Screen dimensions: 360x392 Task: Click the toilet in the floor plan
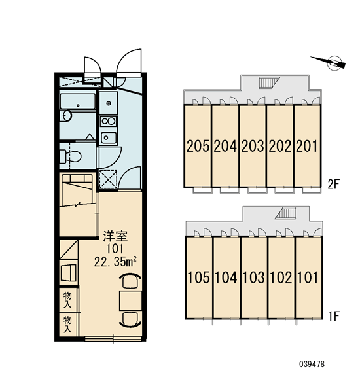pyautogui.click(x=71, y=156)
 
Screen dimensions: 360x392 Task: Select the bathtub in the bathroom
pyautogui.click(x=78, y=101)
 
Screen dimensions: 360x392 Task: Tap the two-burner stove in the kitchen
pyautogui.click(x=108, y=122)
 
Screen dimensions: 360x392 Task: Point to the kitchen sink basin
pyautogui.click(x=108, y=137)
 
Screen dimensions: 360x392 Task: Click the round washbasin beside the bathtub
pyautogui.click(x=67, y=115)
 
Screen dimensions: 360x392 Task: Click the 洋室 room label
pyautogui.click(x=115, y=236)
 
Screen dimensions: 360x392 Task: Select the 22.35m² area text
pyautogui.click(x=115, y=262)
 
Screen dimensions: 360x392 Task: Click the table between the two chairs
pyautogui.click(x=130, y=301)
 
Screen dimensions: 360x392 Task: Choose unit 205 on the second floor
pyautogui.click(x=198, y=146)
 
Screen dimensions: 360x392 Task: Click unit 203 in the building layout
pyautogui.click(x=253, y=146)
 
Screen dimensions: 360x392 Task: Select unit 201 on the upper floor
pyautogui.click(x=307, y=146)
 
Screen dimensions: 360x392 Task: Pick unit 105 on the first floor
pyautogui.click(x=199, y=277)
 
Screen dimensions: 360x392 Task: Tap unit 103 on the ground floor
pyautogui.click(x=253, y=277)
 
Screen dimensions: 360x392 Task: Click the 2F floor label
pyautogui.click(x=334, y=185)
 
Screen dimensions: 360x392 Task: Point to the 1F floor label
pyautogui.click(x=334, y=317)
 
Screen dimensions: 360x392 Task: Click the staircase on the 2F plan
pyautogui.click(x=268, y=82)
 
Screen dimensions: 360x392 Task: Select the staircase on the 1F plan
pyautogui.click(x=285, y=213)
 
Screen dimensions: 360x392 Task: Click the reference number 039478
pyautogui.click(x=312, y=364)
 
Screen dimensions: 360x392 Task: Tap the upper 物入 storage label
pyautogui.click(x=67, y=300)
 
